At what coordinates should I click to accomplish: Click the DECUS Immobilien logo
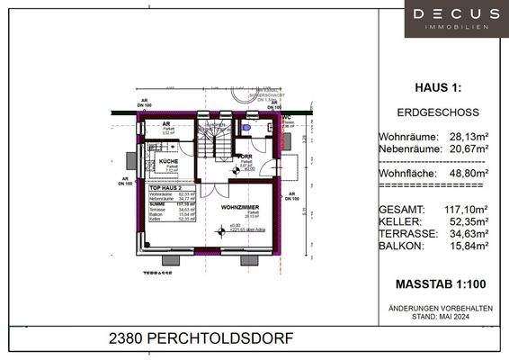click(x=456, y=18)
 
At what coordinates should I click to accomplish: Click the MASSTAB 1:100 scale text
click(x=440, y=284)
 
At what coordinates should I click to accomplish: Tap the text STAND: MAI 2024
click(x=440, y=317)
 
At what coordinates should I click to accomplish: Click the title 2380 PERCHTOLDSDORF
click(x=201, y=340)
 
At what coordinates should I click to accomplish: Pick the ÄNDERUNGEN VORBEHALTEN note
click(x=440, y=309)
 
